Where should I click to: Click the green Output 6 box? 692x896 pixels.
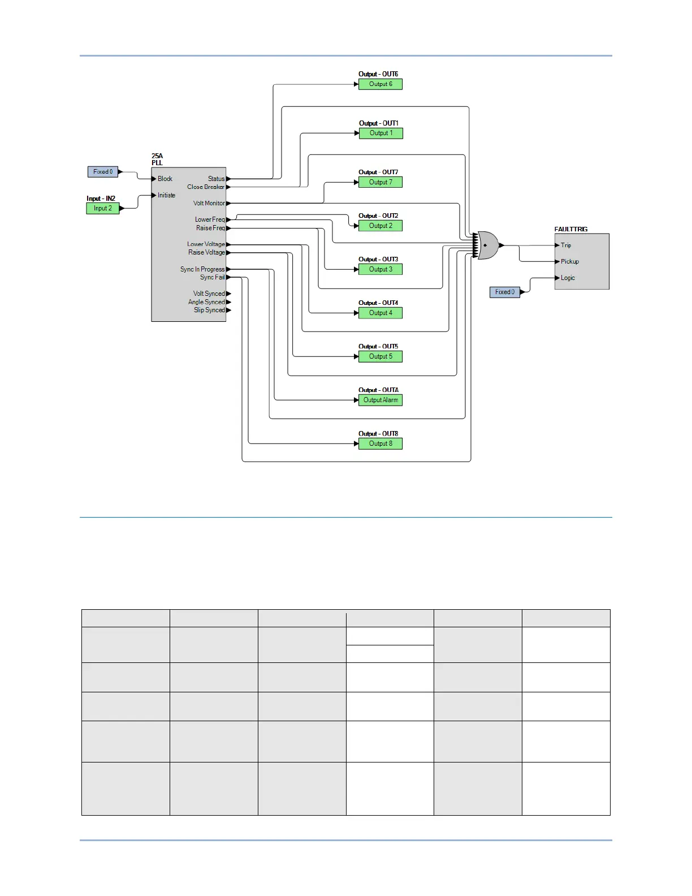[x=380, y=84]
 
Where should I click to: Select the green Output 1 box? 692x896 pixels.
[x=380, y=133]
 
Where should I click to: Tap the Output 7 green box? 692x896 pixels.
[x=380, y=182]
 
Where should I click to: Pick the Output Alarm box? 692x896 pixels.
[x=380, y=400]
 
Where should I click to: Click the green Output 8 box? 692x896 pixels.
[x=380, y=443]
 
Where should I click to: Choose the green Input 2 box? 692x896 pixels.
[x=102, y=208]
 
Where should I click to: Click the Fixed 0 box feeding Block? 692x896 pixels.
[x=103, y=171]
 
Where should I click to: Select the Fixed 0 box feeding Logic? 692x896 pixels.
[x=504, y=292]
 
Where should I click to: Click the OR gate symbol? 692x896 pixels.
[x=488, y=245]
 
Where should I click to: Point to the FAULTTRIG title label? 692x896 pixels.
[x=570, y=229]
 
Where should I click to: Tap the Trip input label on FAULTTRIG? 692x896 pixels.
[x=566, y=245]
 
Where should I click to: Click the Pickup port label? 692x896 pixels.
[x=569, y=261]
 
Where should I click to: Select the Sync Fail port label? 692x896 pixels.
[x=212, y=277]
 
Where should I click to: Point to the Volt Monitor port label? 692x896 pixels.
[x=209, y=203]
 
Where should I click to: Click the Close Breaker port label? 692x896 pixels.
[x=206, y=187]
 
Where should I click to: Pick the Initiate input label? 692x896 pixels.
[x=166, y=195]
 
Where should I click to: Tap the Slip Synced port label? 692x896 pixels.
[x=209, y=310]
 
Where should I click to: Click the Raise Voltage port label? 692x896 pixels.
[x=206, y=252]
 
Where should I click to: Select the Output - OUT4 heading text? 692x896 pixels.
[x=378, y=303]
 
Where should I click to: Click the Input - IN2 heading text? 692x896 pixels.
[x=101, y=199]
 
